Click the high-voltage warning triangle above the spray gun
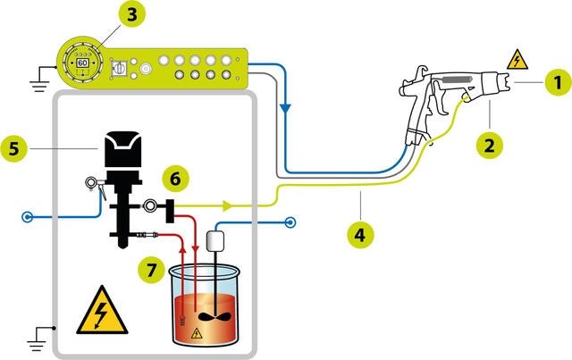point(517,60)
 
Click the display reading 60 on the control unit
point(82,64)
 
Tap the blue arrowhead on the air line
point(284,106)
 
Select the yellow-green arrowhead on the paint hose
point(228,206)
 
